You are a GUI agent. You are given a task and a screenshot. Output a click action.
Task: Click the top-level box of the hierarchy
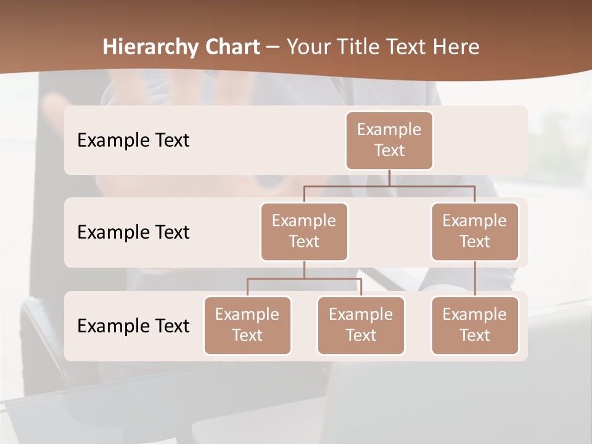389,140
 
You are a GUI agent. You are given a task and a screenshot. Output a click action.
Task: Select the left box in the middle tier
304,231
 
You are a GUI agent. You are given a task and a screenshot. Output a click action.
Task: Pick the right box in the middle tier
475,231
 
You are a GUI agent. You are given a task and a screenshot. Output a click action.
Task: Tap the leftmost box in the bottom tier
247,325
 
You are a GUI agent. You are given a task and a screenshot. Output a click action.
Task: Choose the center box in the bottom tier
361,325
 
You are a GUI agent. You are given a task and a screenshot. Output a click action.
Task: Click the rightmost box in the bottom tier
475,325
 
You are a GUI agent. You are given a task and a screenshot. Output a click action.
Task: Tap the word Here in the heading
456,47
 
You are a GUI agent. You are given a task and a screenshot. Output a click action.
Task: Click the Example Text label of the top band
133,140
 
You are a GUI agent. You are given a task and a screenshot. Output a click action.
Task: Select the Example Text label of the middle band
133,232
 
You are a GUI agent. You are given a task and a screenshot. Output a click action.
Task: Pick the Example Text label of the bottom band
133,326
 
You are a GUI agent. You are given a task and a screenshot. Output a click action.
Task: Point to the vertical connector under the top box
389,178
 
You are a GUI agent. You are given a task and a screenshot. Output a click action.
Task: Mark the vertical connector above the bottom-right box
475,279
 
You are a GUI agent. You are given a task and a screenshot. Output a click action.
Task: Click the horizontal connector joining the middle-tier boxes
389,186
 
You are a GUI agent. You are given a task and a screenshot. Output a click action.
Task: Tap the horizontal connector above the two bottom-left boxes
304,279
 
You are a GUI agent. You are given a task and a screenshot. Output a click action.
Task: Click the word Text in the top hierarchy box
389,150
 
